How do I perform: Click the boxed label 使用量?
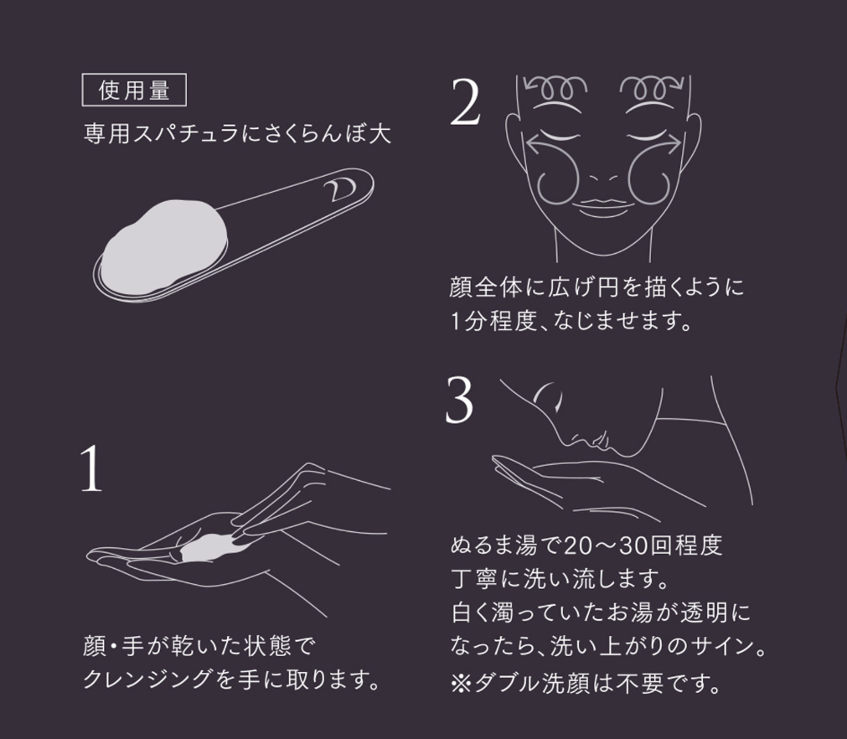(134, 90)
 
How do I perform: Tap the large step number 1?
(91, 469)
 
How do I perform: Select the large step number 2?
(465, 102)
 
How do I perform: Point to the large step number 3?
(459, 400)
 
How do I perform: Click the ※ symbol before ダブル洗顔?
(461, 684)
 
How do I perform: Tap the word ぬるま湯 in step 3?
(493, 546)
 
